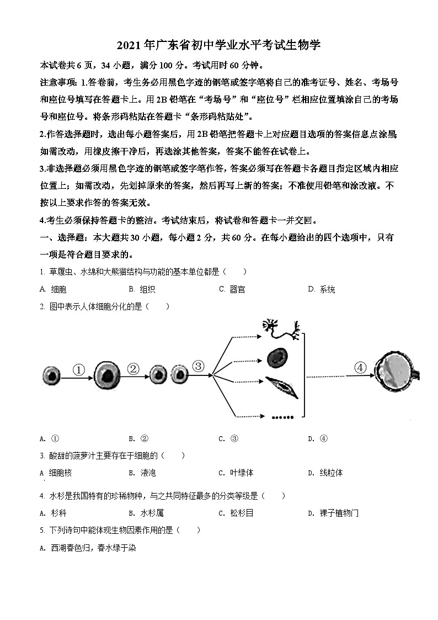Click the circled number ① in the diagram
(x=79, y=370)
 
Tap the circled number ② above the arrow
(x=132, y=369)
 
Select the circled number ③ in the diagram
(x=198, y=366)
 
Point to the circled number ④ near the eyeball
(x=360, y=368)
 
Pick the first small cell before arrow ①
(x=51, y=377)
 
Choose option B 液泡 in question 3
(x=143, y=473)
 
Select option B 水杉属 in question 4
(x=146, y=513)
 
